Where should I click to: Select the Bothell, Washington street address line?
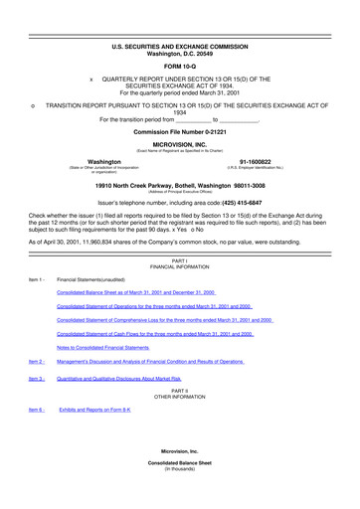coord(180,184)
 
